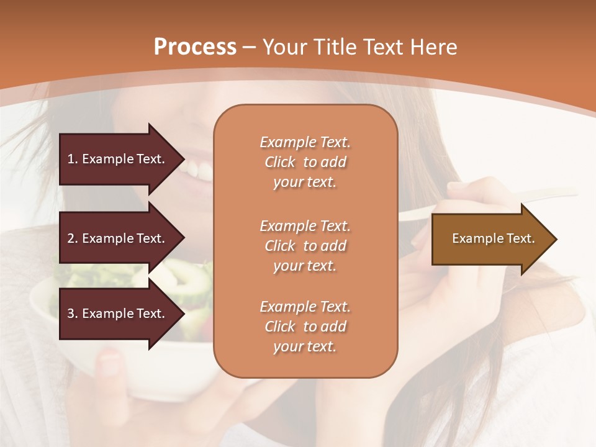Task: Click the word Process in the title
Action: [195, 47]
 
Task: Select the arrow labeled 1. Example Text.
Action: [118, 159]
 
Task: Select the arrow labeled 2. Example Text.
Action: [118, 238]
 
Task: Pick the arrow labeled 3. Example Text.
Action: [118, 314]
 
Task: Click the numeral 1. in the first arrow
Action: [73, 159]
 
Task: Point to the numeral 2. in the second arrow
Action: [73, 238]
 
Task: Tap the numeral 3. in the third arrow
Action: [73, 314]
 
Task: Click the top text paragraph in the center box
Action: [305, 162]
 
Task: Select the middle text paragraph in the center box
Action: [305, 246]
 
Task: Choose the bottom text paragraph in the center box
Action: [305, 327]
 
